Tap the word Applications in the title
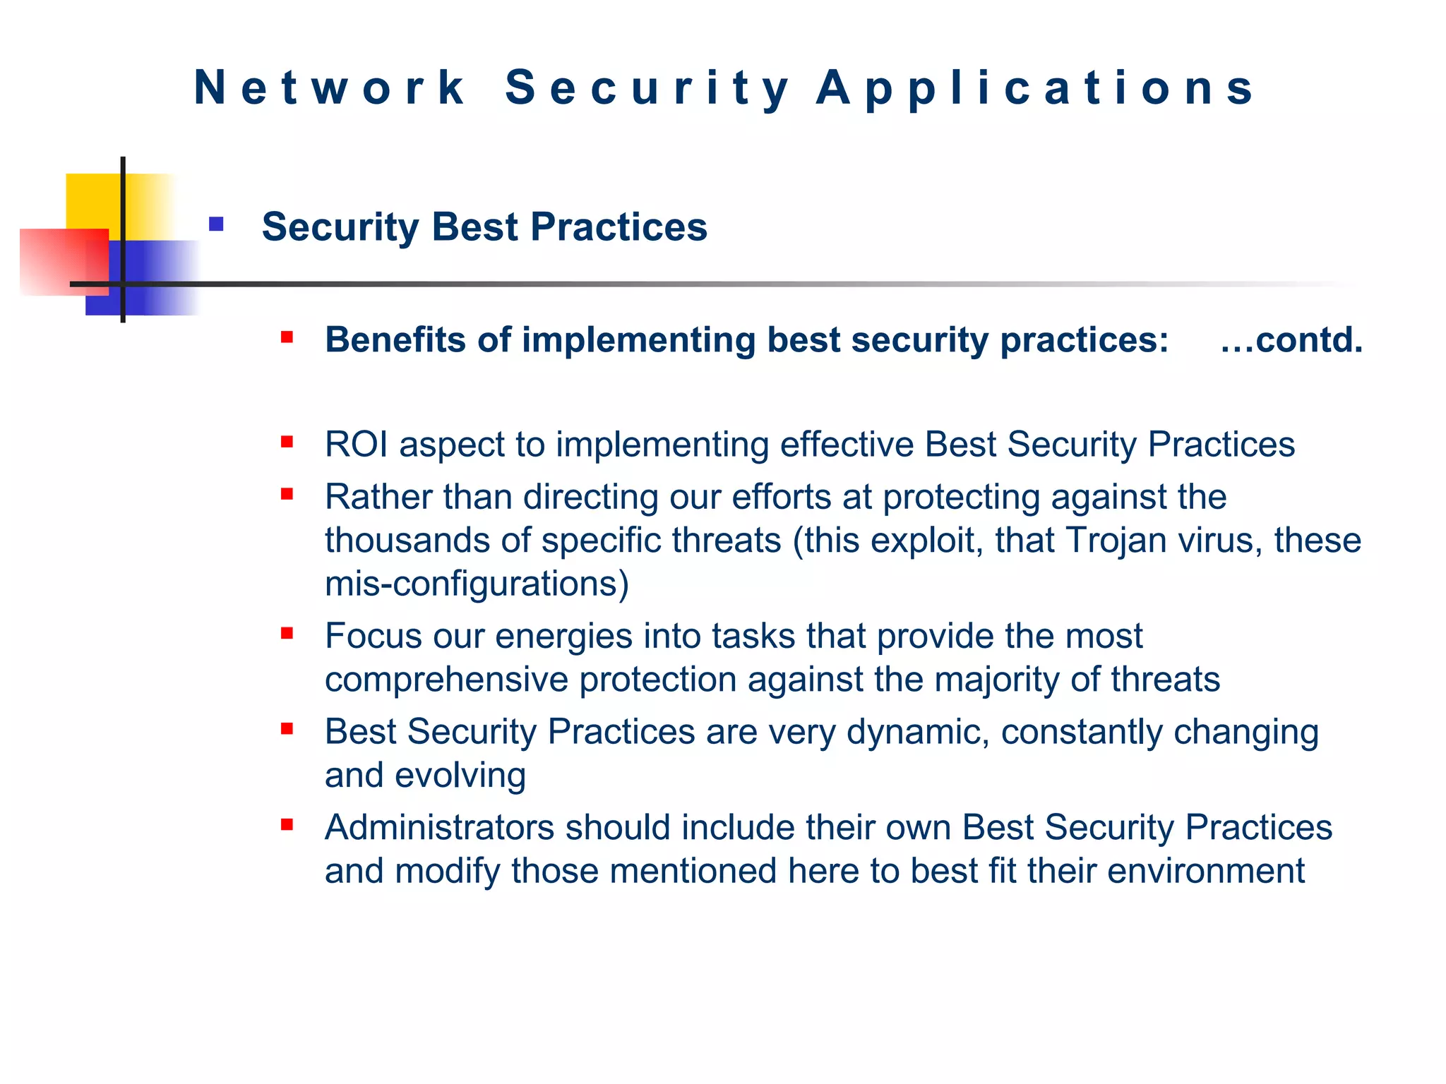[x=1035, y=88]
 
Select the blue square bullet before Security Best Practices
[x=216, y=225]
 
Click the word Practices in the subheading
[x=619, y=227]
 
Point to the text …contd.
[x=1291, y=340]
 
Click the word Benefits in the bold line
[x=395, y=340]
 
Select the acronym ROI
[x=357, y=445]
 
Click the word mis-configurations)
[x=477, y=584]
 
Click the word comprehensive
[x=446, y=680]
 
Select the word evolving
[x=460, y=775]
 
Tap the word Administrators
[x=439, y=827]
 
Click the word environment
[x=1205, y=871]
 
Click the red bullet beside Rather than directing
[x=287, y=494]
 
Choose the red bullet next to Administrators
[x=287, y=824]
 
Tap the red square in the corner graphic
[x=56, y=261]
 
